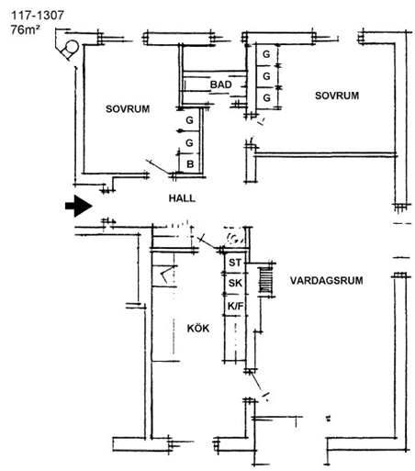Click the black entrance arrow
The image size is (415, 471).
[x=79, y=206]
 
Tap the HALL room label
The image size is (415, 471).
[x=182, y=198]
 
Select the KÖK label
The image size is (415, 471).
[x=198, y=328]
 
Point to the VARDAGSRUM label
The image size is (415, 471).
[x=327, y=280]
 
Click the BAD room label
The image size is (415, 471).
[x=221, y=84]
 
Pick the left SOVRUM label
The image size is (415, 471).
[x=128, y=109]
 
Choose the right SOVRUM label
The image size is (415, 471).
[x=337, y=95]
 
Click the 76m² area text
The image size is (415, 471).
[x=26, y=30]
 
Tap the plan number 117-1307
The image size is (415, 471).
[x=38, y=16]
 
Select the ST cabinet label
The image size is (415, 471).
[x=235, y=263]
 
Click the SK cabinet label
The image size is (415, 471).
[x=235, y=283]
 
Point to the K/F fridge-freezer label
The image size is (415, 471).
[x=235, y=306]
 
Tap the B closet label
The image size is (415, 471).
[x=190, y=164]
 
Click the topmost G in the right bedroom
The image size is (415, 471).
[x=266, y=54]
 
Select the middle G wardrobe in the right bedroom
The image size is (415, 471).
[x=266, y=76]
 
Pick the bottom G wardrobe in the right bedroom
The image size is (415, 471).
[x=266, y=98]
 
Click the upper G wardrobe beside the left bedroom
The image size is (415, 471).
[x=190, y=120]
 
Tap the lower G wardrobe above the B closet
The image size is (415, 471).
[x=190, y=142]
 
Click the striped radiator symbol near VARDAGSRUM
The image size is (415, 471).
[x=265, y=280]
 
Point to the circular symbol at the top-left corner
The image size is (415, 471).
[x=70, y=49]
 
